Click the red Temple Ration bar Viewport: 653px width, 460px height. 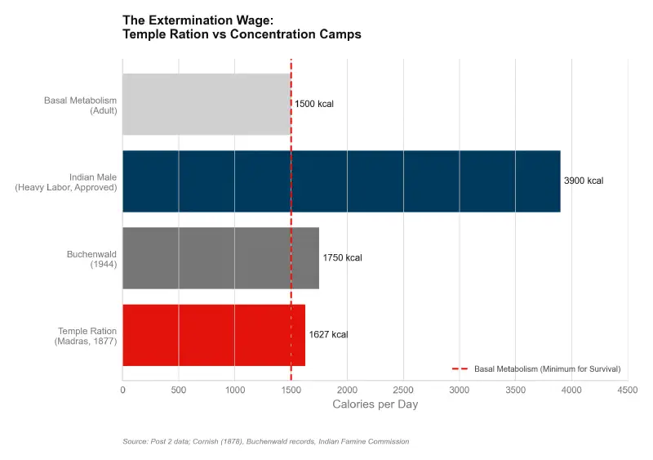(x=214, y=335)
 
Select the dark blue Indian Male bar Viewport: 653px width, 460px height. (x=341, y=181)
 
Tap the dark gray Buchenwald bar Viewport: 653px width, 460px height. (x=220, y=258)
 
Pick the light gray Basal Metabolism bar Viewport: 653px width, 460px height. (x=207, y=105)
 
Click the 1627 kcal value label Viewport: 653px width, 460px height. (x=328, y=335)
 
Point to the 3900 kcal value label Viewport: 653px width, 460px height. (x=584, y=181)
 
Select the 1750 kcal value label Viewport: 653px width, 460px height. (x=342, y=258)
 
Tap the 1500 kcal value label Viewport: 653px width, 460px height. (x=314, y=105)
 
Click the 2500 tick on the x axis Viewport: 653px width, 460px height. (x=403, y=391)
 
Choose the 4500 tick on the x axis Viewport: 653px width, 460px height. (x=628, y=391)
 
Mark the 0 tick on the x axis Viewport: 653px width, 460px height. (x=122, y=391)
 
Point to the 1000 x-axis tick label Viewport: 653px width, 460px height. (x=234, y=391)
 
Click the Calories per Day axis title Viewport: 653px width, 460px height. (x=375, y=405)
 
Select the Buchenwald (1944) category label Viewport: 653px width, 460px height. (x=91, y=259)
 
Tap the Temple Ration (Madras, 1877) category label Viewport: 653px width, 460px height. (x=85, y=336)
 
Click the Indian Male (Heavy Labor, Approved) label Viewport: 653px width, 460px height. (x=66, y=182)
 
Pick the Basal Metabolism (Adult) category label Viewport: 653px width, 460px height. (x=80, y=105)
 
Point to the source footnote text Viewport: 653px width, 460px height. (x=265, y=441)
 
